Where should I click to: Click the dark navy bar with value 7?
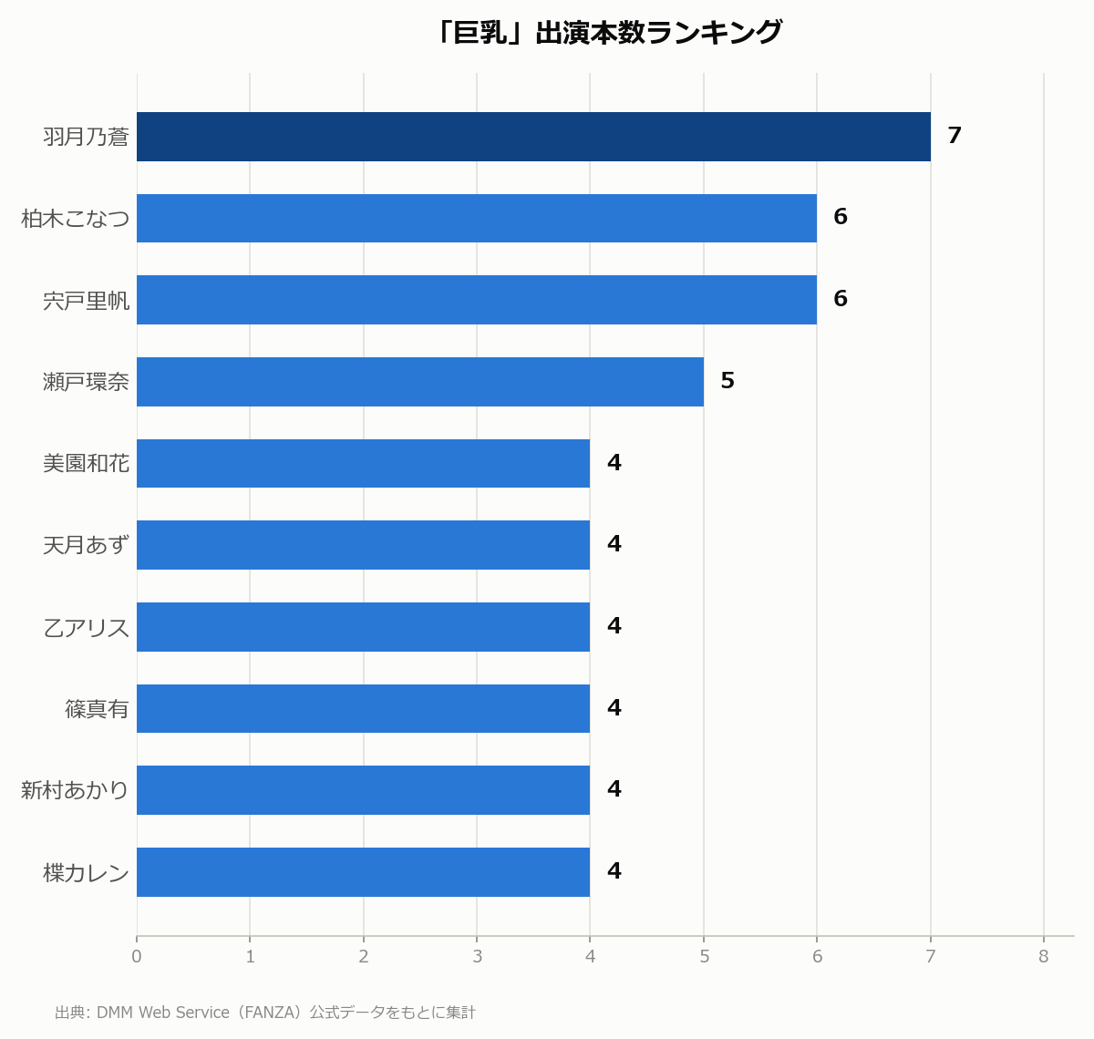[533, 137]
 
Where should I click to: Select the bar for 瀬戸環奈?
[420, 382]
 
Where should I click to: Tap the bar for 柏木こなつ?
[477, 218]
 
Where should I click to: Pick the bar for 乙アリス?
[364, 627]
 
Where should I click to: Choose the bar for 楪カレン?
[364, 872]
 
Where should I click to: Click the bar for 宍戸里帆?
[477, 300]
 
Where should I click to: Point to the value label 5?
[728, 381]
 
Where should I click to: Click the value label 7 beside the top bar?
[955, 135]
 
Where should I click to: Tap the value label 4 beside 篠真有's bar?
[614, 707]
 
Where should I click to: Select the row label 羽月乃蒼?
[87, 137]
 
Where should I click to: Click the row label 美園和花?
[87, 464]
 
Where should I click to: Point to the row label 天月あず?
[87, 545]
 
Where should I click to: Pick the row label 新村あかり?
[75, 790]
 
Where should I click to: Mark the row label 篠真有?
[97, 709]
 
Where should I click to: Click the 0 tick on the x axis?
[137, 956]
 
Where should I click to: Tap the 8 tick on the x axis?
[1043, 956]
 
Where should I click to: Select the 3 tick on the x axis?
[477, 956]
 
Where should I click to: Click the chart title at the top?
[608, 32]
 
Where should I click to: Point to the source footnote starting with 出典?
[265, 1013]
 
